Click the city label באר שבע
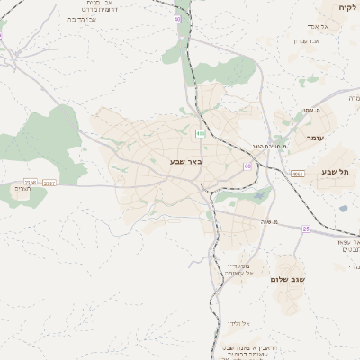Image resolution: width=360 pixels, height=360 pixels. [x=186, y=162]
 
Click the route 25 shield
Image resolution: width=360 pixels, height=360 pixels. [x=306, y=229]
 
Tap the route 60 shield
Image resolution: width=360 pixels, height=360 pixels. [x=247, y=166]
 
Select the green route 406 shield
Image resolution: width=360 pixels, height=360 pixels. [x=200, y=133]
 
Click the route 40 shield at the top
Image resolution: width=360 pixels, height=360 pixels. [x=176, y=19]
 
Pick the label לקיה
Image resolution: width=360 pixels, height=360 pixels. [x=346, y=7]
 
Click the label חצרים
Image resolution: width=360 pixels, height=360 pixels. [x=24, y=189]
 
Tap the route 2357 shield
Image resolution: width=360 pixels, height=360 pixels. [x=49, y=183]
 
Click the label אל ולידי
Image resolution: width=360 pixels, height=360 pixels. [x=238, y=322]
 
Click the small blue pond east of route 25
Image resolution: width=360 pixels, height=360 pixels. [x=343, y=209]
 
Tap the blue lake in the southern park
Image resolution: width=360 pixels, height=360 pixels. [x=258, y=195]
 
